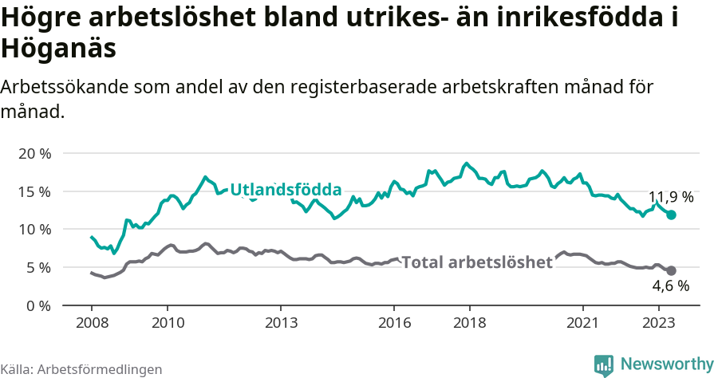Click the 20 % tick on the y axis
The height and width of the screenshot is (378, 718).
click(x=34, y=153)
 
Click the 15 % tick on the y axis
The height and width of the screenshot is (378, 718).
click(x=34, y=191)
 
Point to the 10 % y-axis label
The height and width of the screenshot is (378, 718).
click(x=34, y=230)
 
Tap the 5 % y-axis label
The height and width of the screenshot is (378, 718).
click(x=38, y=267)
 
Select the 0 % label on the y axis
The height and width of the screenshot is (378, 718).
click(x=38, y=305)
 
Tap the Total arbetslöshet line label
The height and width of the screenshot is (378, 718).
click(x=477, y=262)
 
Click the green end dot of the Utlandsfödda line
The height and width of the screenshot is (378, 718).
click(x=671, y=215)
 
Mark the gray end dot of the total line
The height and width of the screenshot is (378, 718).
click(x=671, y=270)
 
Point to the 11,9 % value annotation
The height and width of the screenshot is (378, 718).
click(x=671, y=197)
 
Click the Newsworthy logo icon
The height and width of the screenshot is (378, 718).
click(x=604, y=364)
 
